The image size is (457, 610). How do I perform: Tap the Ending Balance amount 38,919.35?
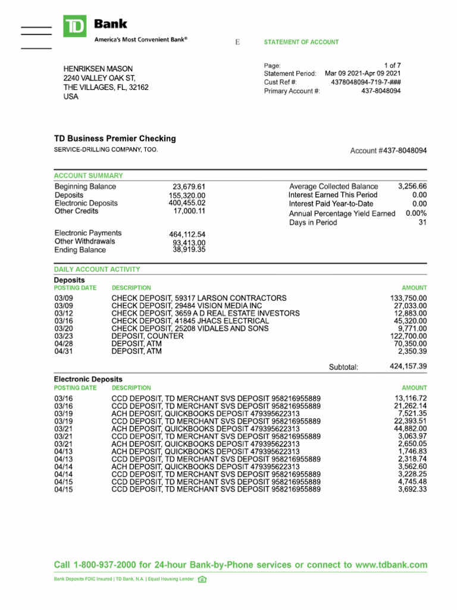(189, 250)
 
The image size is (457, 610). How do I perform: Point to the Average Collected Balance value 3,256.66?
(412, 186)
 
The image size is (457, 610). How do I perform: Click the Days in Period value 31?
(422, 222)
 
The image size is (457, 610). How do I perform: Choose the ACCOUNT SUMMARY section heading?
(89, 176)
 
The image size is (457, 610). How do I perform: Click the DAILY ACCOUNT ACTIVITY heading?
(97, 269)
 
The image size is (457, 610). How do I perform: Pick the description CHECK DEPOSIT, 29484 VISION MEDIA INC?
(187, 306)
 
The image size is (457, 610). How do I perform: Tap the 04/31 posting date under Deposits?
(63, 351)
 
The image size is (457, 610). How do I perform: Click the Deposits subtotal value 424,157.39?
(408, 366)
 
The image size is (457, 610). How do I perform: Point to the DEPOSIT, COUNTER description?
(148, 336)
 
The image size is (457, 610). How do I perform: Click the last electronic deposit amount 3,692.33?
(412, 489)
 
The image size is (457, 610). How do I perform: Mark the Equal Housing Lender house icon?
(202, 579)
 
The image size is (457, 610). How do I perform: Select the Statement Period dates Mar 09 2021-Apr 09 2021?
(362, 73)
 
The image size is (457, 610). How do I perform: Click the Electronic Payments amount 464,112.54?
(187, 234)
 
